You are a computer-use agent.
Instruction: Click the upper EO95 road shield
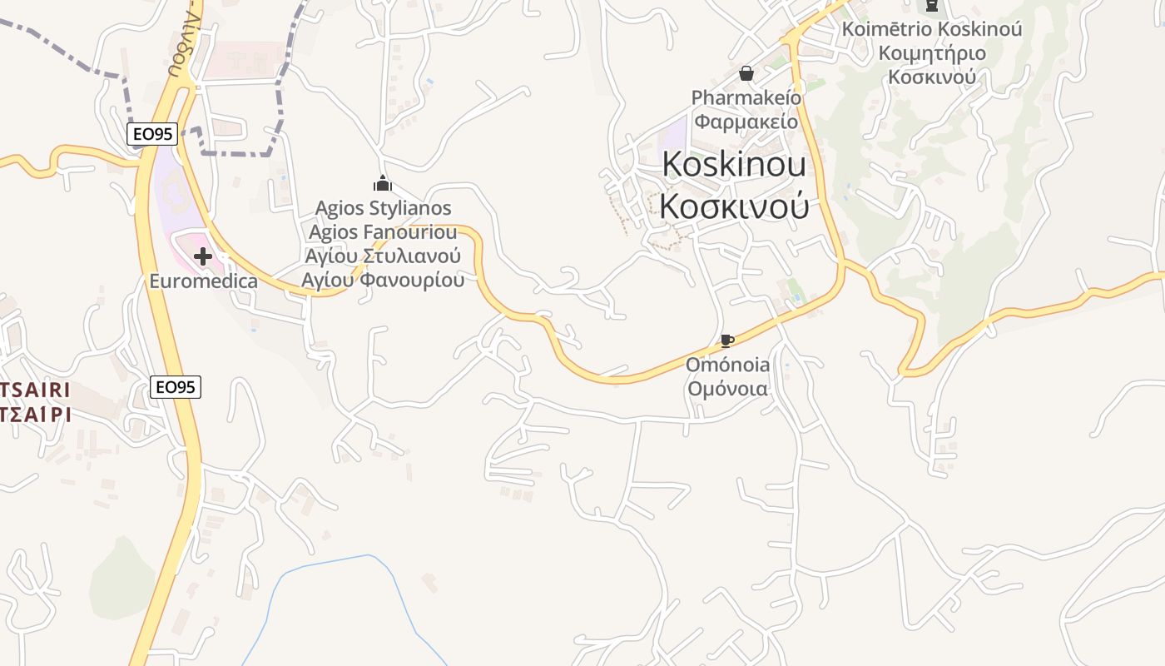click(152, 134)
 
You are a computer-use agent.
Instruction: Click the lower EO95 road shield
click(176, 386)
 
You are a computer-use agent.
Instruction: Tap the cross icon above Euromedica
click(202, 256)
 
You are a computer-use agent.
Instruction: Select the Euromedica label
click(203, 281)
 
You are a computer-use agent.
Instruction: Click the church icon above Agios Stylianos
click(383, 183)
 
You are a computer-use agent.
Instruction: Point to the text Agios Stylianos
click(383, 208)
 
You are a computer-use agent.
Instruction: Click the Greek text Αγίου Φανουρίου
click(383, 280)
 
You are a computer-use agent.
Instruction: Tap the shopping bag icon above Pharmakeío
click(746, 74)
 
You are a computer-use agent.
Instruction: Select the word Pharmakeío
click(746, 98)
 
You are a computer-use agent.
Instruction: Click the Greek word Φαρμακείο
click(746, 122)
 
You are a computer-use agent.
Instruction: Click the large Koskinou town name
click(734, 165)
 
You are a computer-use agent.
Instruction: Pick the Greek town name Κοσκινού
click(734, 206)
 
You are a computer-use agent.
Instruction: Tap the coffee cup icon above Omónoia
click(726, 340)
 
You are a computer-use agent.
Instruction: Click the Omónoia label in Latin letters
click(727, 365)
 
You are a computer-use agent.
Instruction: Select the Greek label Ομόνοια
click(727, 389)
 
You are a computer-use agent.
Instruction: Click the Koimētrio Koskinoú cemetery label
click(932, 29)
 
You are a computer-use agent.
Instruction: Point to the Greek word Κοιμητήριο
click(932, 53)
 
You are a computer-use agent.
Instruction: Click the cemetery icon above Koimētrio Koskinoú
click(931, 6)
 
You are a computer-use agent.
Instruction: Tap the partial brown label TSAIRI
click(35, 390)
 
